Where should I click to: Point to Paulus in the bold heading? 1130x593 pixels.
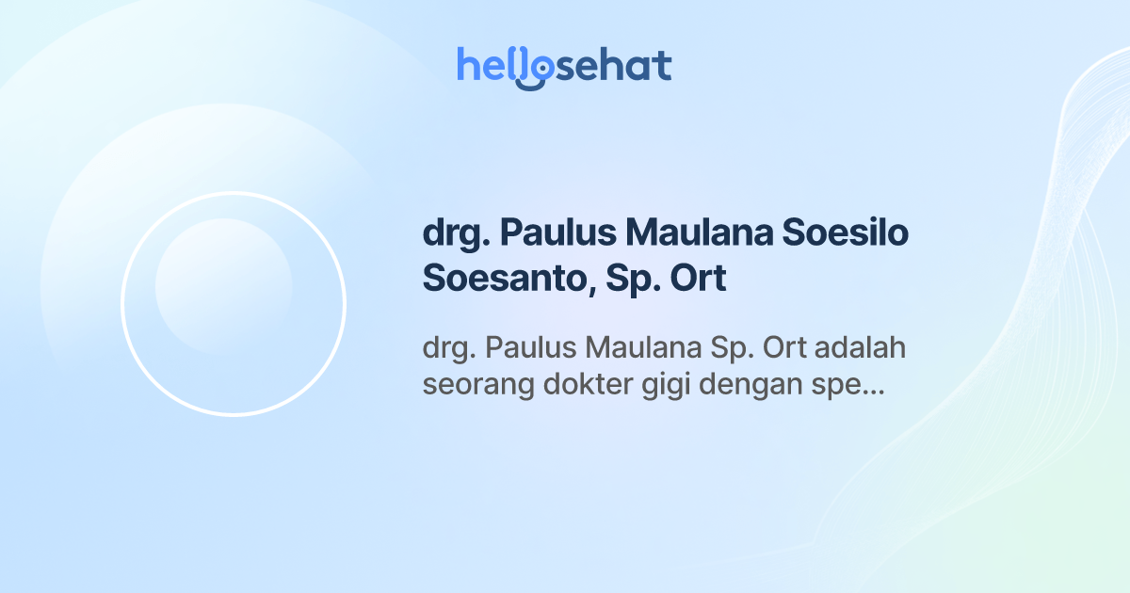(557, 233)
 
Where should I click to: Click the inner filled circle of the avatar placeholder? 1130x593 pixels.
(224, 287)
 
